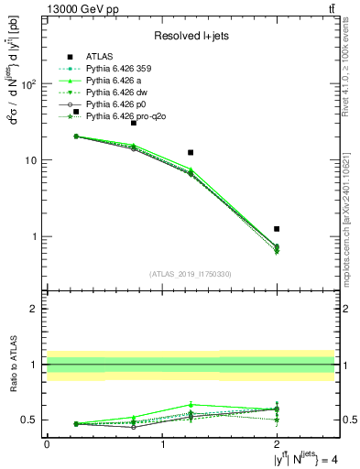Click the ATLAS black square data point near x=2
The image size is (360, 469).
click(277, 228)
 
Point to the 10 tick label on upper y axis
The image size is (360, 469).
click(32, 160)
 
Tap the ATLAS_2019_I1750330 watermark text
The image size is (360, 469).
click(190, 274)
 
